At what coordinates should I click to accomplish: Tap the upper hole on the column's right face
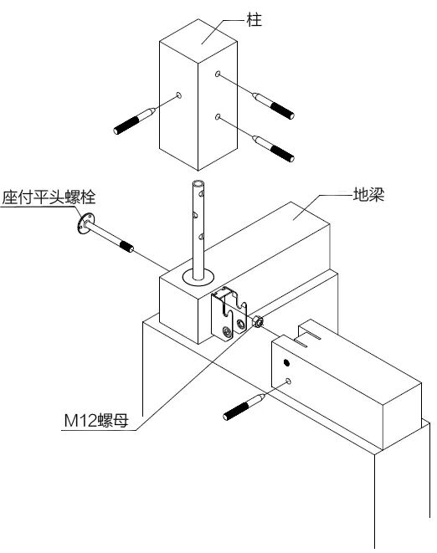tap(218, 75)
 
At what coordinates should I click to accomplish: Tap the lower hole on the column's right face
tap(218, 118)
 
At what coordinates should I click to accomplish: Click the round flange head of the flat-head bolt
tap(83, 225)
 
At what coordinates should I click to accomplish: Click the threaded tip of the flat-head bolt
tap(127, 247)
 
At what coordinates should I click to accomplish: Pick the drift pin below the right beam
tap(245, 405)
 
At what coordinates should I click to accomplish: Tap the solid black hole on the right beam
tap(287, 363)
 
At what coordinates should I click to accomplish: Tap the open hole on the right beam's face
tap(289, 381)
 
